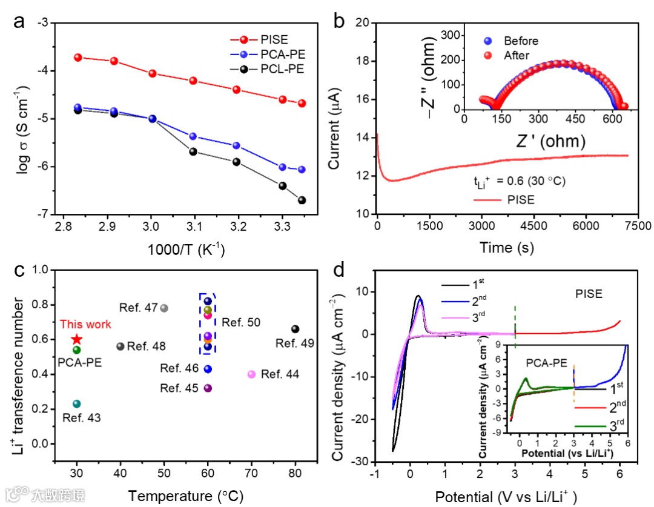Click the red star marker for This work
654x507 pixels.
[x=77, y=340]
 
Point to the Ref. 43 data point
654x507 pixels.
[x=77, y=404]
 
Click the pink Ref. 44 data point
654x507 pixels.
[x=252, y=374]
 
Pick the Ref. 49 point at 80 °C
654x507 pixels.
[x=296, y=329]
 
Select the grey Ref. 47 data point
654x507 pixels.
[x=164, y=308]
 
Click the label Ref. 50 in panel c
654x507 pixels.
[x=241, y=323]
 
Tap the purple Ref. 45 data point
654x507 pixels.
[x=208, y=388]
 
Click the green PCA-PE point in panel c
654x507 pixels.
[x=77, y=350]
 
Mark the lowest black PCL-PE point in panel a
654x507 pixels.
[x=302, y=200]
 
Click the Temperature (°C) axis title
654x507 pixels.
[x=185, y=496]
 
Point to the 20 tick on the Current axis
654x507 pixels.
[x=362, y=23]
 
